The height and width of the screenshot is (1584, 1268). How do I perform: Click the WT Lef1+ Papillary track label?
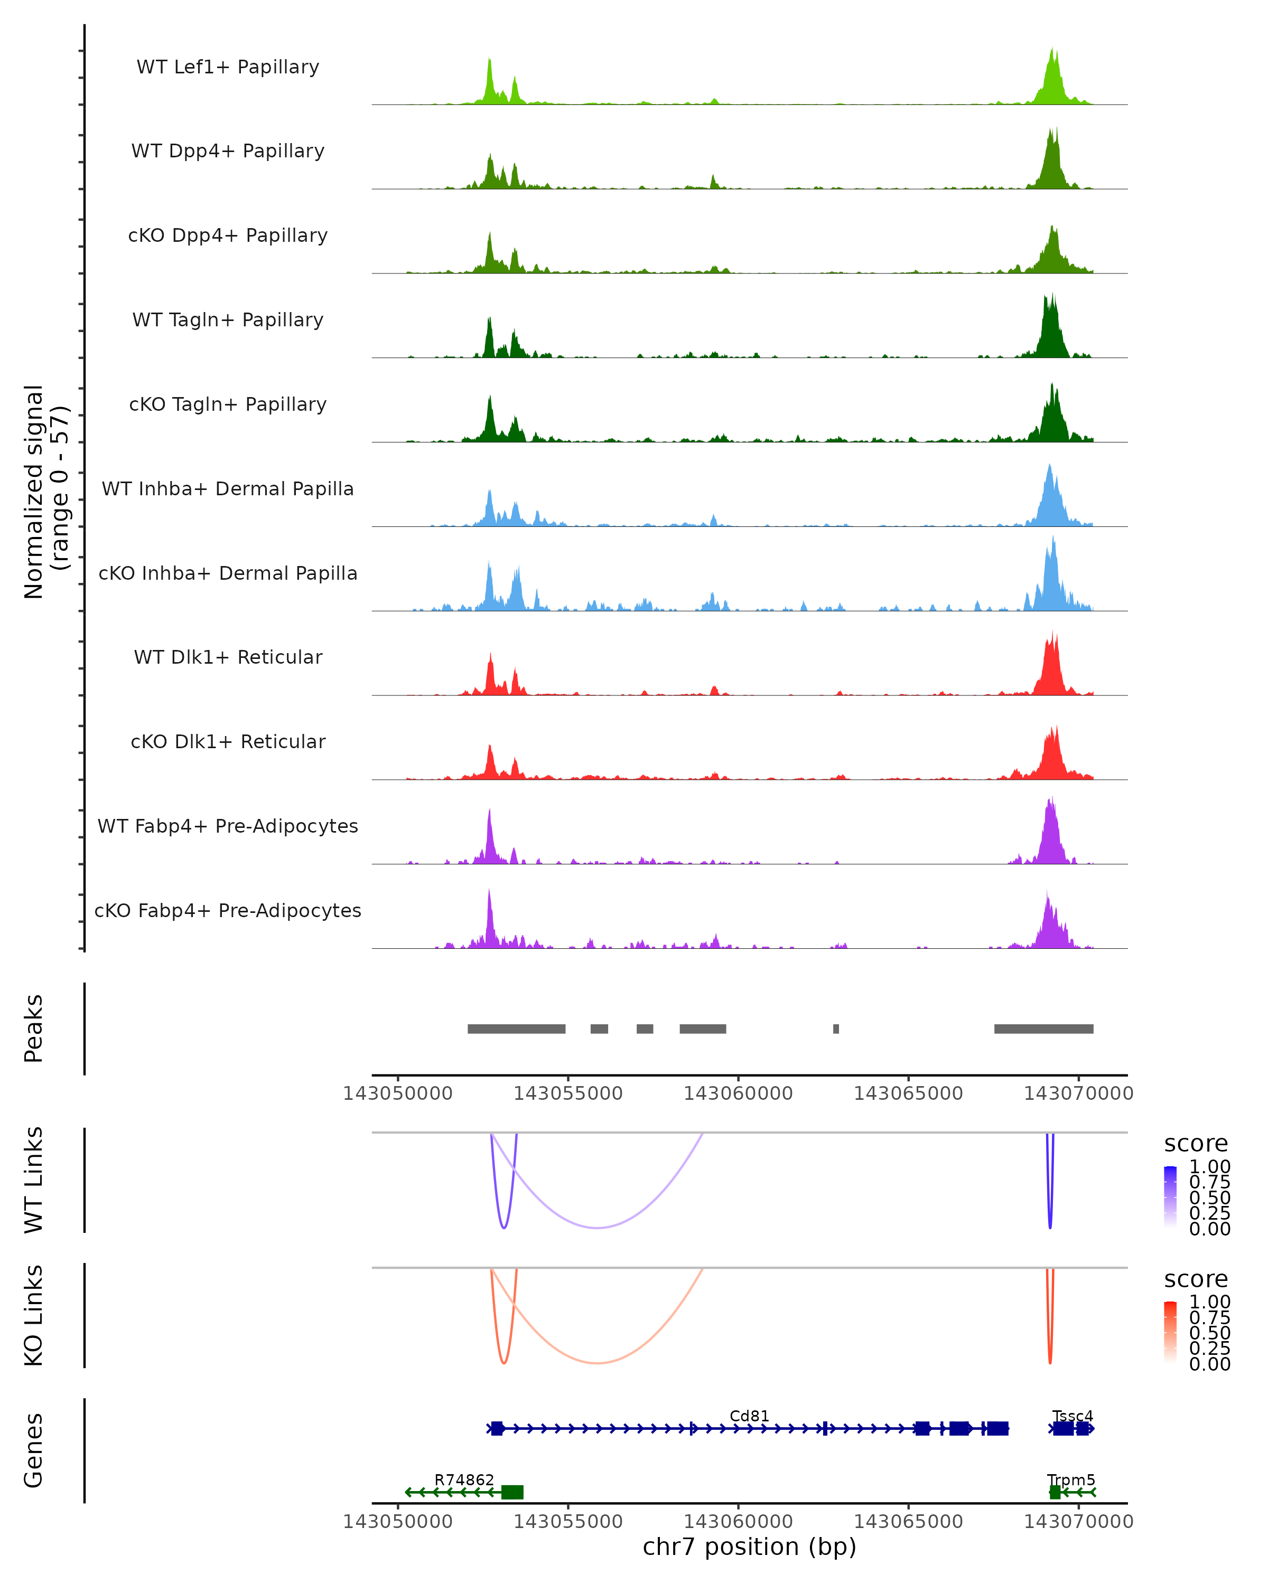(228, 68)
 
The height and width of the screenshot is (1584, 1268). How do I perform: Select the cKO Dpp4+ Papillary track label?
(228, 236)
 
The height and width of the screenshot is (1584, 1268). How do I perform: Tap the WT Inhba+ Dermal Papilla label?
(228, 489)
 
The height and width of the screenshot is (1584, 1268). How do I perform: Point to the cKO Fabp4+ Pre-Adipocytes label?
(228, 911)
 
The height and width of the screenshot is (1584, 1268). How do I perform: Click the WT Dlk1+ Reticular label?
(228, 657)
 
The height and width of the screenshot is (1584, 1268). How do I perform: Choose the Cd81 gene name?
(749, 1416)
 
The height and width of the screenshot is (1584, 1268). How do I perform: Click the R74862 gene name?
(464, 1479)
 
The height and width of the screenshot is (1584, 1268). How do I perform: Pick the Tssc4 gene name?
(1073, 1416)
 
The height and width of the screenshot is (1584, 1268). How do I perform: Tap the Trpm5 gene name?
(1071, 1479)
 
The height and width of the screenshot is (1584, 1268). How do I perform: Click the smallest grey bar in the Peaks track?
(836, 1029)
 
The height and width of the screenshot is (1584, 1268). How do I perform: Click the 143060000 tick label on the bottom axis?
(738, 1522)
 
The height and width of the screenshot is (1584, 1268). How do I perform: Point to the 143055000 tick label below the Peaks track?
(567, 1093)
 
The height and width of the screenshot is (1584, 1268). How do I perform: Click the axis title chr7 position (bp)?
(749, 1547)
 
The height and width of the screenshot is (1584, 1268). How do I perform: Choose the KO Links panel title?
(34, 1316)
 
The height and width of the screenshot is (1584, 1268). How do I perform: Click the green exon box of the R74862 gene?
(512, 1492)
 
